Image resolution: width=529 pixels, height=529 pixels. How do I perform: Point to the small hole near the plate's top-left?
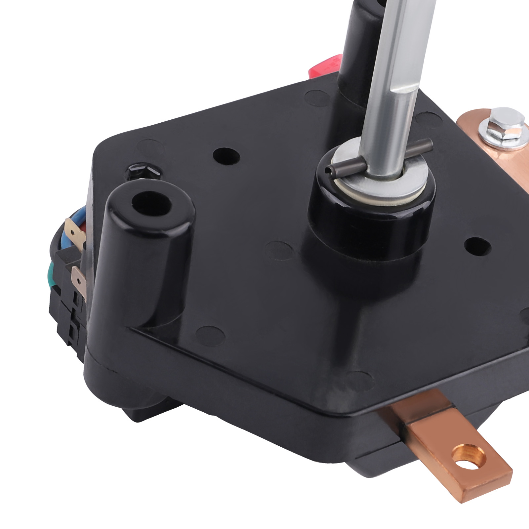[x=226, y=156]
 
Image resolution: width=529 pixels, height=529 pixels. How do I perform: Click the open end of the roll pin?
[x=328, y=170]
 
